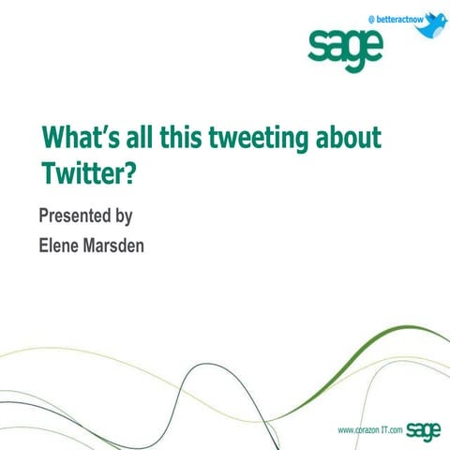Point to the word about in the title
click(x=349, y=138)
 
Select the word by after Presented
click(x=123, y=217)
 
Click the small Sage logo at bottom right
click(x=425, y=429)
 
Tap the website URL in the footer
click(x=370, y=430)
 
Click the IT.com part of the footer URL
click(x=392, y=430)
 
